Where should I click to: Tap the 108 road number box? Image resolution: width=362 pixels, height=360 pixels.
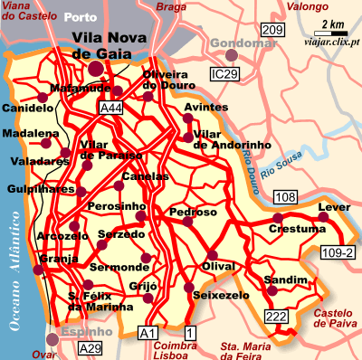285,196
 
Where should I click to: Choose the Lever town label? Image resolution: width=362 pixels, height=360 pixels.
334,207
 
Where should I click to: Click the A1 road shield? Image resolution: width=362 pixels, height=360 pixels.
146,334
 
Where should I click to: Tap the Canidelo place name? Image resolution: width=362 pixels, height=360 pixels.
28,108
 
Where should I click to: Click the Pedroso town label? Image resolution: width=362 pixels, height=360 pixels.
193,212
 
